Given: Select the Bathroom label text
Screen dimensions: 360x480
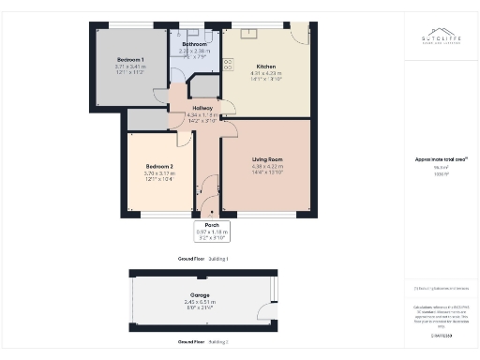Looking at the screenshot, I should pyautogui.click(x=194, y=44).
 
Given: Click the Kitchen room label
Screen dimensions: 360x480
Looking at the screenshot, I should pyautogui.click(x=264, y=66).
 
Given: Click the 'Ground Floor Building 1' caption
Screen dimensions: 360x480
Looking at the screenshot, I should pyautogui.click(x=202, y=258).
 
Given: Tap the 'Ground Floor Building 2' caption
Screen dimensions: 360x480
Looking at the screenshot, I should pyautogui.click(x=202, y=342).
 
